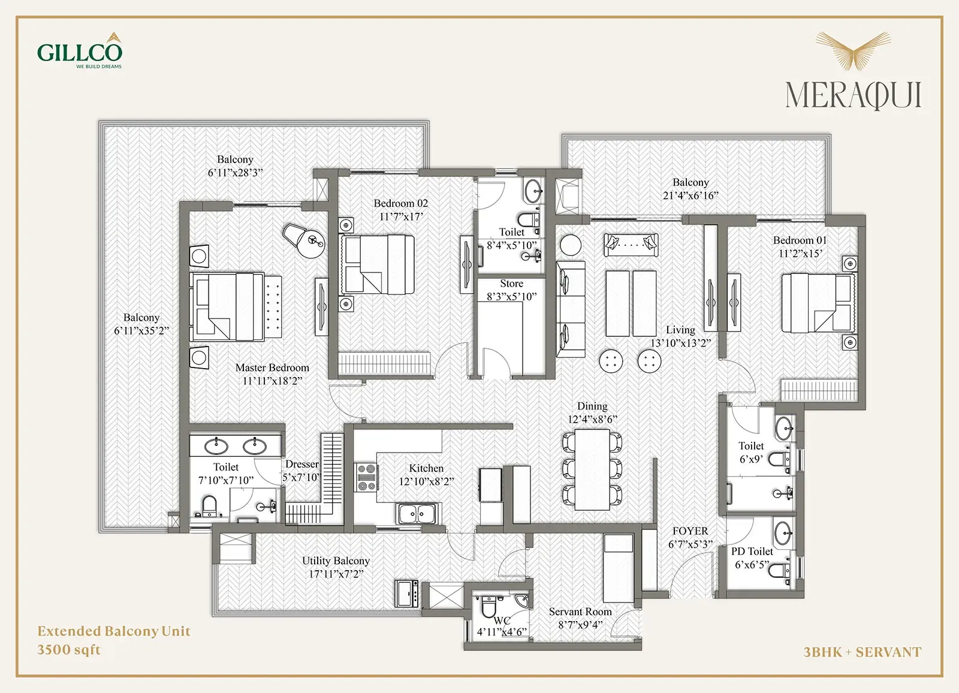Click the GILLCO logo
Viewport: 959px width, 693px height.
tap(80, 50)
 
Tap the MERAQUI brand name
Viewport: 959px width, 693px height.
tap(854, 95)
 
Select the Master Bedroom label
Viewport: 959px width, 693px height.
tap(272, 367)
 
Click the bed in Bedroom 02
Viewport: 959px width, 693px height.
tap(377, 264)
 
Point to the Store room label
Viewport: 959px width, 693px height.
tap(512, 284)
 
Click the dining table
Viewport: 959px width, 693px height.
tap(593, 469)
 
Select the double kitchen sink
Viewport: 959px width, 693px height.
tap(417, 514)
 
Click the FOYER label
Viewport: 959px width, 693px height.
tap(690, 531)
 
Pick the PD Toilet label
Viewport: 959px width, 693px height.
tap(752, 552)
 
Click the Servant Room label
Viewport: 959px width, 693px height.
tap(580, 611)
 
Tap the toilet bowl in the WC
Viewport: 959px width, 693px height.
tap(488, 605)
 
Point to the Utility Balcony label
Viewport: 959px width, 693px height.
tap(336, 561)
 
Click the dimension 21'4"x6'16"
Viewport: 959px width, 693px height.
tap(690, 196)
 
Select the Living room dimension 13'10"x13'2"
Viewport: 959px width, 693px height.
tap(681, 343)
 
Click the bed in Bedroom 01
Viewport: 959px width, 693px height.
tap(818, 303)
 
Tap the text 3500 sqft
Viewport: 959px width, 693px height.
tap(69, 650)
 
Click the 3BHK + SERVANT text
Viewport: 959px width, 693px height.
tap(863, 652)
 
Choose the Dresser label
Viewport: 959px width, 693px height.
tap(302, 464)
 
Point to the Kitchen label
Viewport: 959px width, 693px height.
tap(426, 468)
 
